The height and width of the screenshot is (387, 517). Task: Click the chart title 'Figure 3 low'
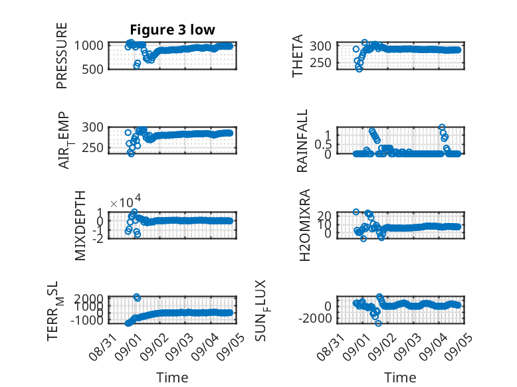[x=172, y=30]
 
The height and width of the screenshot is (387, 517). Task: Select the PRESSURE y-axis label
[x=62, y=56]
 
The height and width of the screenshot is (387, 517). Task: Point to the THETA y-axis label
[x=298, y=56]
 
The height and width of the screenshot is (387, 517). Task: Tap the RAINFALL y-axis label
[x=302, y=141]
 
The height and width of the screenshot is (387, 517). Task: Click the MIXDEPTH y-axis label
[x=80, y=226]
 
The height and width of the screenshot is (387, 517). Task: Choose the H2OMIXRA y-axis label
[x=304, y=225]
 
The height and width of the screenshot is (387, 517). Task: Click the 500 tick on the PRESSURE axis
[x=92, y=70]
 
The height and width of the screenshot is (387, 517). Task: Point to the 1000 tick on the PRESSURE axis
[x=89, y=45]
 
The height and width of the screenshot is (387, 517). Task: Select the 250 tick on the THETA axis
[x=320, y=62]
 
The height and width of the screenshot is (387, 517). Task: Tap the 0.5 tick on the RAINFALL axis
[x=323, y=144]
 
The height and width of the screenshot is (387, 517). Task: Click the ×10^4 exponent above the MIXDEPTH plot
[x=126, y=202]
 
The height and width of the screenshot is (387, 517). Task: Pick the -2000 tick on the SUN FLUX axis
[x=315, y=319]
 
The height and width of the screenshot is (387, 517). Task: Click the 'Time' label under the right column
[x=400, y=377]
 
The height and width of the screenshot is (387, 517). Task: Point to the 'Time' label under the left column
[x=172, y=377]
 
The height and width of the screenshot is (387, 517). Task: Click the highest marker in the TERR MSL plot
[x=136, y=297]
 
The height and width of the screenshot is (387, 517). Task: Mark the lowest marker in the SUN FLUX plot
[x=378, y=323]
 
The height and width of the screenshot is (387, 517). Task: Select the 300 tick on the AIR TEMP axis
[x=92, y=127]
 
